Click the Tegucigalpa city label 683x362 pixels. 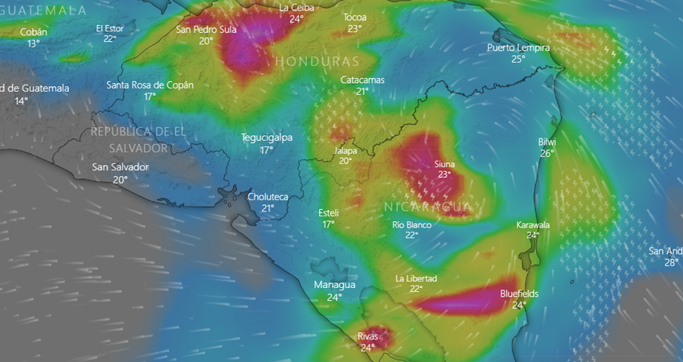[267, 138]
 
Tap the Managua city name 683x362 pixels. [335, 285]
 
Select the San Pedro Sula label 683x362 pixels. [207, 30]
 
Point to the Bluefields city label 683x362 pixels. [519, 294]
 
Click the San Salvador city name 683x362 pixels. [121, 167]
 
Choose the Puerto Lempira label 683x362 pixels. [518, 47]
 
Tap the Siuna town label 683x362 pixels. [444, 163]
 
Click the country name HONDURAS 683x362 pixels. [317, 61]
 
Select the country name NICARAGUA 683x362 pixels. [427, 207]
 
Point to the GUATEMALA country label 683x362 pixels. [45, 10]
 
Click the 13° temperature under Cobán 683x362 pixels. [34, 43]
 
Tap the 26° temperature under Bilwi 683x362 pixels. [547, 153]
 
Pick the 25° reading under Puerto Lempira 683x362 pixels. [518, 59]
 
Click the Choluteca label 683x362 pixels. [268, 196]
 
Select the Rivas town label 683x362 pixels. [367, 336]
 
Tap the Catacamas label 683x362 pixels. [362, 80]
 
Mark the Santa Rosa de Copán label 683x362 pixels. [150, 84]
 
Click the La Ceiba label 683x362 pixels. [297, 7]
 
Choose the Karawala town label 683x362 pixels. [533, 224]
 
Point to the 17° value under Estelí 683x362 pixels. [329, 224]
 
